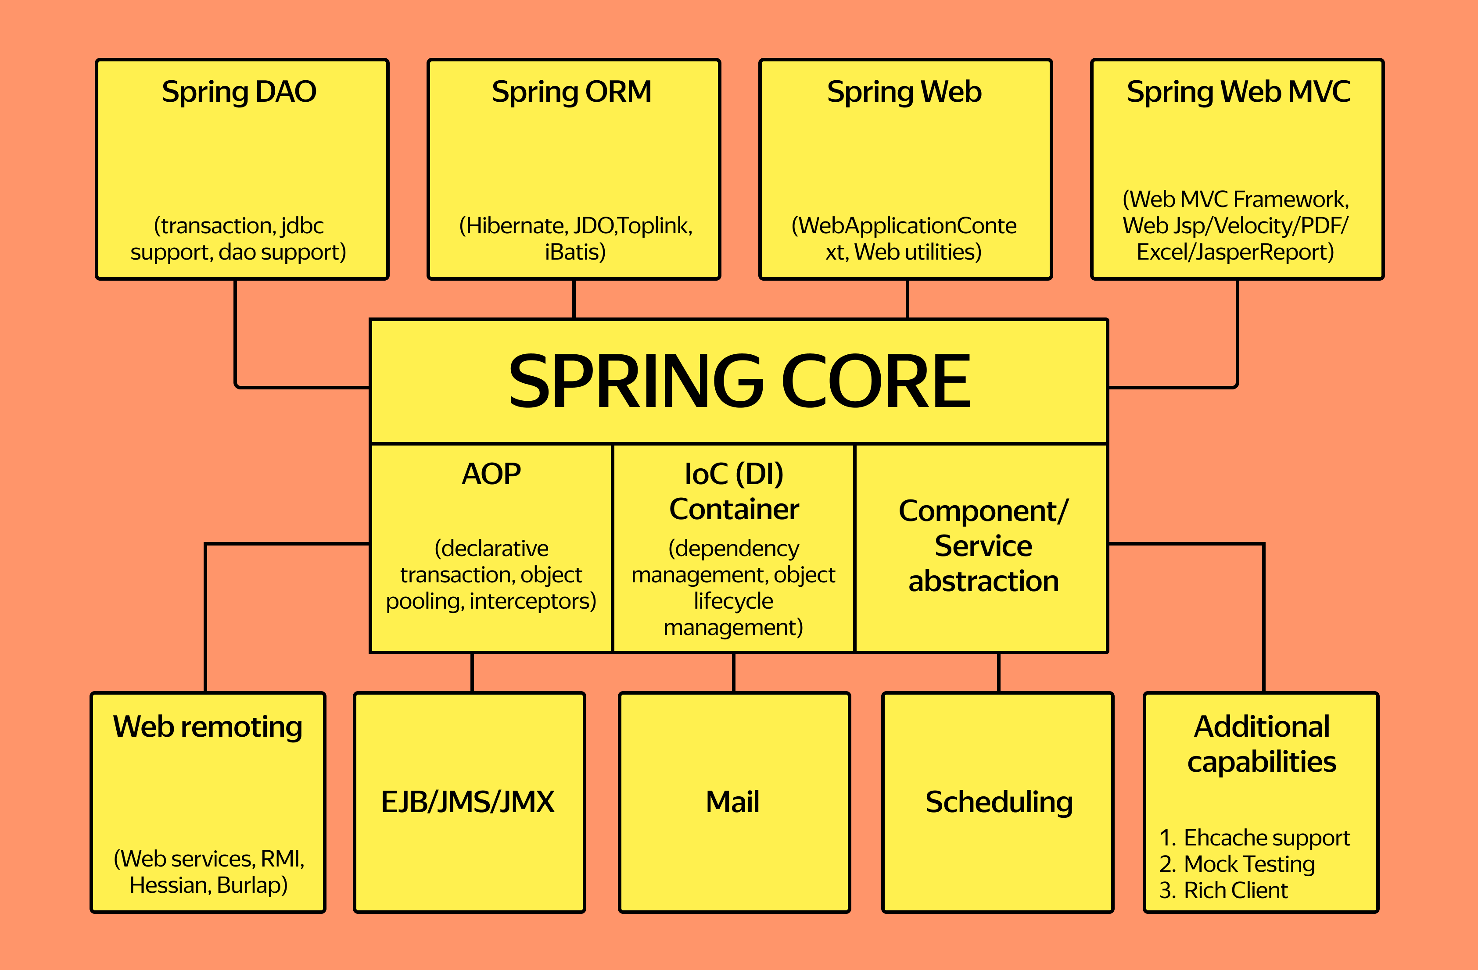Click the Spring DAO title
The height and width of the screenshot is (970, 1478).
pos(239,92)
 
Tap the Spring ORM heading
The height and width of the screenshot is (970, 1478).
pos(571,92)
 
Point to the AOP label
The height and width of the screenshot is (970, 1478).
pos(491,474)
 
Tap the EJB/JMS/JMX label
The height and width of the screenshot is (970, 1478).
pos(468,802)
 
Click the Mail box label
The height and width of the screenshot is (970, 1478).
pos(733,802)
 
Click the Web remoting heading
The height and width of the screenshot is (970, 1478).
pos(208,727)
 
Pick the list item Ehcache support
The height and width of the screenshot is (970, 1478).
pos(1267,838)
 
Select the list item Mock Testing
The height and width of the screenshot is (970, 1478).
pos(1249,864)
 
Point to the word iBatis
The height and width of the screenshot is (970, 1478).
pos(575,253)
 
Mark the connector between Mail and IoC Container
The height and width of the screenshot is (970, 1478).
pos(733,673)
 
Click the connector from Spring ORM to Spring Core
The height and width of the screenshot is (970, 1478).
pos(574,299)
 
